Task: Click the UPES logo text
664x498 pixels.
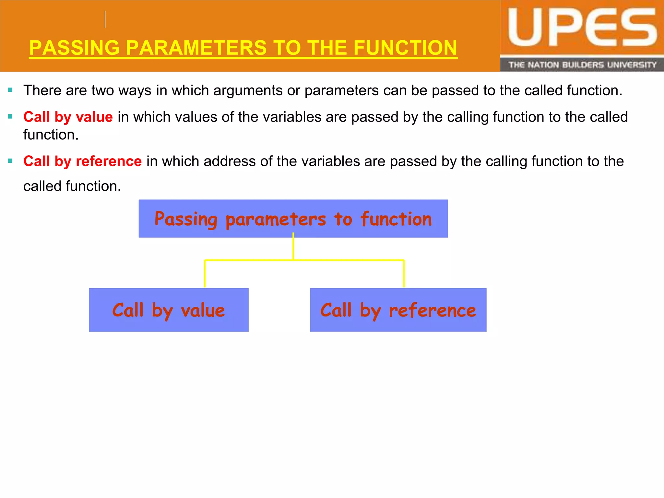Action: pos(582,29)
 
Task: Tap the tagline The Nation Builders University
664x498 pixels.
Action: pos(582,65)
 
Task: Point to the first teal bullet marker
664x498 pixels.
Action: pos(10,90)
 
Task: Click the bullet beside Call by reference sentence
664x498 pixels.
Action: pos(10,161)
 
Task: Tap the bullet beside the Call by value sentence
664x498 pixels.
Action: pos(10,116)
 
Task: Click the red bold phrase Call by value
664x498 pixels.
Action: pos(68,117)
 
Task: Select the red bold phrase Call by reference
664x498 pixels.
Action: pos(82,161)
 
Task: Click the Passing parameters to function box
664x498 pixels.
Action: pos(293,219)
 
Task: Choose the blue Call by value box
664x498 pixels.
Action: pos(169,310)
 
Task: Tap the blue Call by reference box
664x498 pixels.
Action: pos(398,310)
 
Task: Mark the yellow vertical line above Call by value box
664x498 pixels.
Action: pos(205,274)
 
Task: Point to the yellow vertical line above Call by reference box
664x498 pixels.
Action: pos(404,274)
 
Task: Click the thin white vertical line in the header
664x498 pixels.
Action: pos(105,19)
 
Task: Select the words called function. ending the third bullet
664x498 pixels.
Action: pos(72,186)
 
